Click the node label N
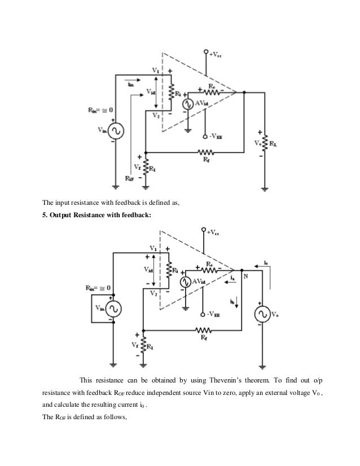pos(245,276)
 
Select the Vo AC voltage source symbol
pos(262,313)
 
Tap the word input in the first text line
pos(65,203)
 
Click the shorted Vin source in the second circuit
pos(111,309)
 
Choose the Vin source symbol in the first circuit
pos(112,131)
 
